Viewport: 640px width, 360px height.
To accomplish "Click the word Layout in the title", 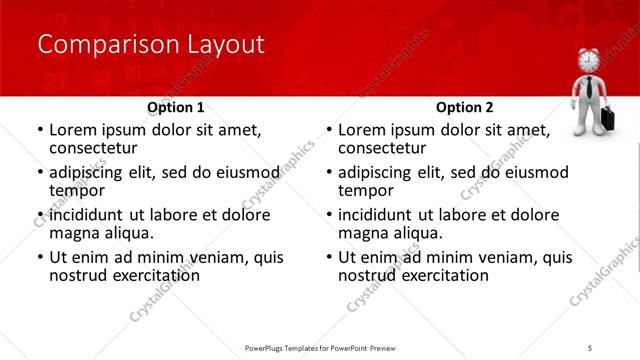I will tap(225, 45).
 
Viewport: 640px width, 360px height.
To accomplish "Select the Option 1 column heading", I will tap(176, 107).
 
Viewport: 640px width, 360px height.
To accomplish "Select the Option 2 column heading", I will tap(465, 107).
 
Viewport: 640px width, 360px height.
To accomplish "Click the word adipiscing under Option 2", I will tap(378, 172).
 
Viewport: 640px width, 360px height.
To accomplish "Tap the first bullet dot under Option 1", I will tap(39, 131).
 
